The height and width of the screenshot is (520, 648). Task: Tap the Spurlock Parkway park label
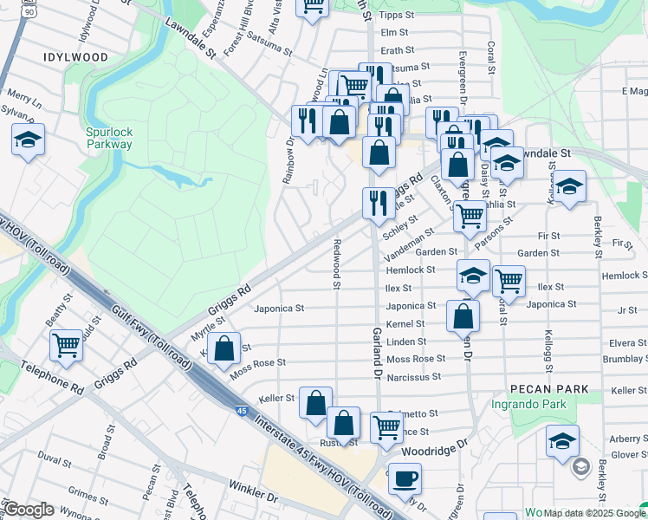(x=109, y=138)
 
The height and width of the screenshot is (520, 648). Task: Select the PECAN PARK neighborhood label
(x=548, y=389)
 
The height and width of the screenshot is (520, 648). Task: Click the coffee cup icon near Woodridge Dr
(x=405, y=478)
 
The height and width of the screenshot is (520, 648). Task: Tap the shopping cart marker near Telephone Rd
(x=66, y=346)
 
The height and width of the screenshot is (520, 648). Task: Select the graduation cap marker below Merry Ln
(x=29, y=140)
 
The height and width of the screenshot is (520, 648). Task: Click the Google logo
(x=29, y=510)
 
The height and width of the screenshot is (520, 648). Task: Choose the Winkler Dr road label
(x=253, y=499)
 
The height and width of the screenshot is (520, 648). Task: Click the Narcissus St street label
(x=414, y=377)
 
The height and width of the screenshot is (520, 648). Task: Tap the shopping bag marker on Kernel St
(x=463, y=315)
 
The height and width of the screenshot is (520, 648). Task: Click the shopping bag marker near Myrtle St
(x=224, y=349)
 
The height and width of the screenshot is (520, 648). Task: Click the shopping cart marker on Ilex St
(x=509, y=280)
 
